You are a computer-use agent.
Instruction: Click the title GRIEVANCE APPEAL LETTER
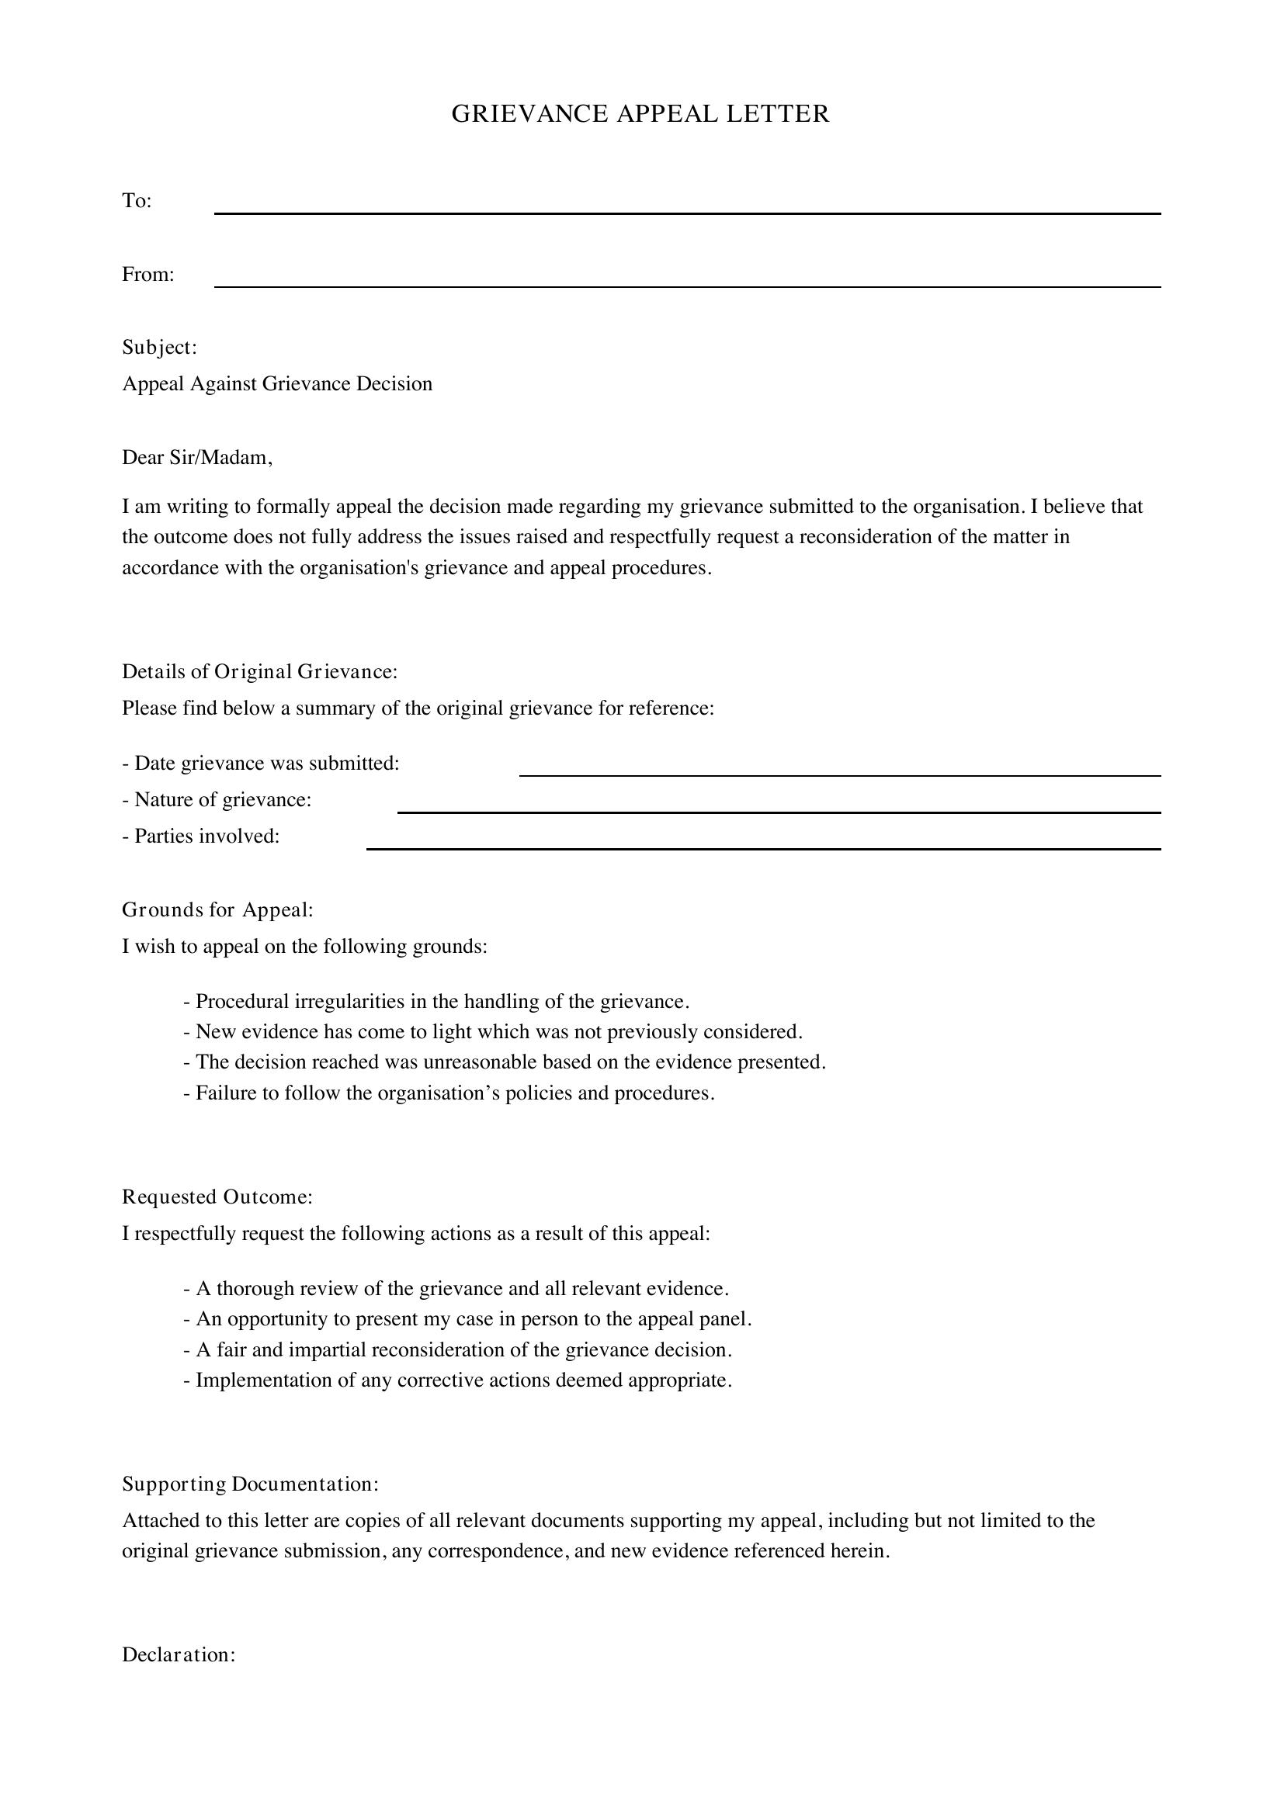pyautogui.click(x=640, y=114)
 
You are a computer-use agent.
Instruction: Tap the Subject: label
pyautogui.click(x=159, y=347)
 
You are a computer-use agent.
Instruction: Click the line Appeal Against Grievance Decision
pyautogui.click(x=276, y=383)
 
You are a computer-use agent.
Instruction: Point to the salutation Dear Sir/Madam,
pyautogui.click(x=197, y=457)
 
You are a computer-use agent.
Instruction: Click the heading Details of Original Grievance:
pyautogui.click(x=259, y=671)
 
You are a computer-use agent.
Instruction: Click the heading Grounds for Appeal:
pyautogui.click(x=217, y=910)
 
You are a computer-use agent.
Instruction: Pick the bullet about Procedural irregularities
pyautogui.click(x=436, y=1002)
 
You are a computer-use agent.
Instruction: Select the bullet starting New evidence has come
pyautogui.click(x=493, y=1031)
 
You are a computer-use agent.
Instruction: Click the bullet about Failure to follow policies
pyautogui.click(x=449, y=1093)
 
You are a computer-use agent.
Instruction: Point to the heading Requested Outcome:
pyautogui.click(x=217, y=1197)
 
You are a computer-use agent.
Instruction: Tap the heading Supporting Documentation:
pyautogui.click(x=251, y=1484)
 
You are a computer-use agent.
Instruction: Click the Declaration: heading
pyautogui.click(x=179, y=1654)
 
